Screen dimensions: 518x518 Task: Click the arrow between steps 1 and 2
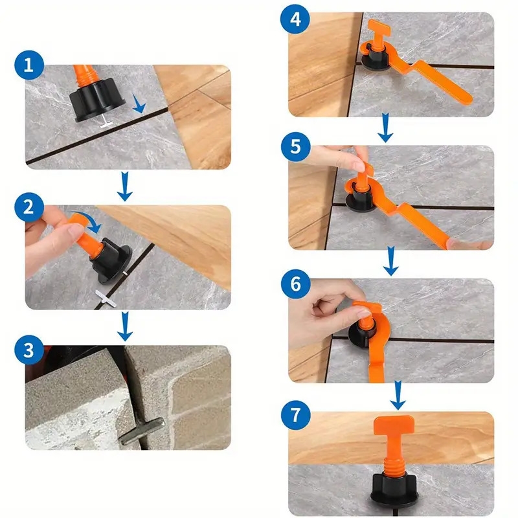126,188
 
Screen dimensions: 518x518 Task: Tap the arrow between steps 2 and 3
126,328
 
